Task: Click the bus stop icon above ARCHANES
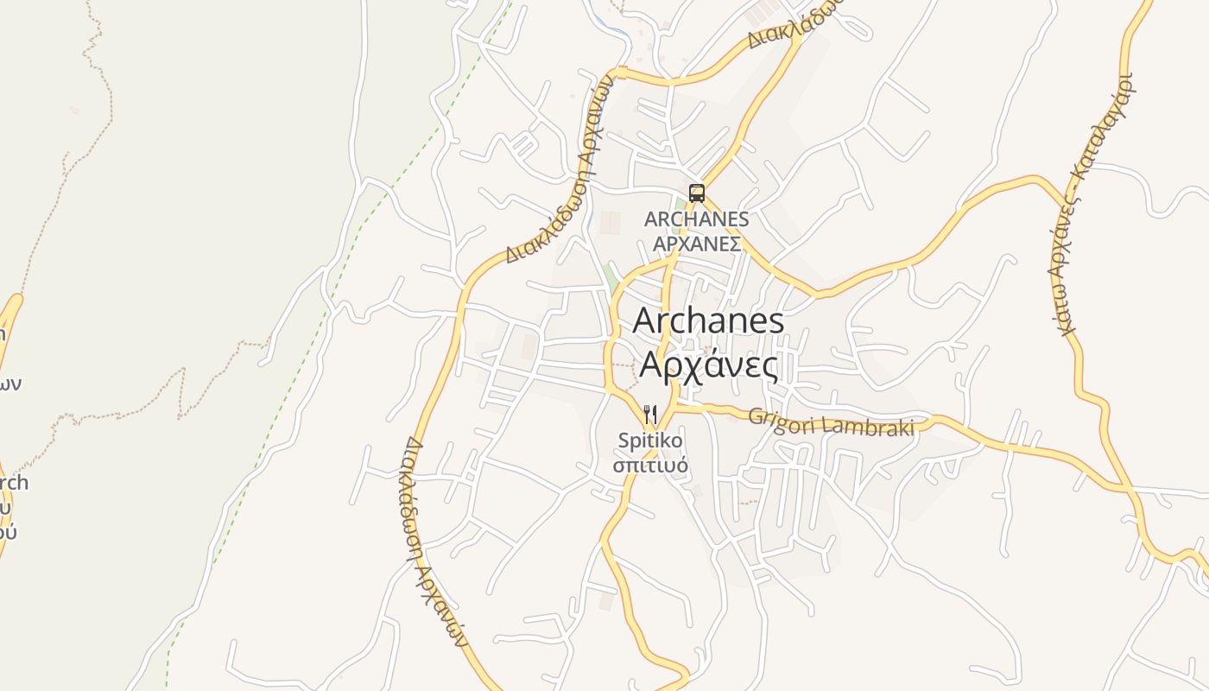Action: (697, 193)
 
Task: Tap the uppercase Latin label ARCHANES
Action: (696, 219)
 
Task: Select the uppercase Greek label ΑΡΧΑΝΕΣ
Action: (696, 244)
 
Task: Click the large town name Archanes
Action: (708, 321)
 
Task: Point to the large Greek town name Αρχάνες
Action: (708, 366)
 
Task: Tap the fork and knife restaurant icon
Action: (650, 415)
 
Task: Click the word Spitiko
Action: (650, 441)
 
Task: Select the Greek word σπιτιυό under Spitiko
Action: (650, 466)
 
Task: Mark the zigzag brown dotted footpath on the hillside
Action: (181, 393)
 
